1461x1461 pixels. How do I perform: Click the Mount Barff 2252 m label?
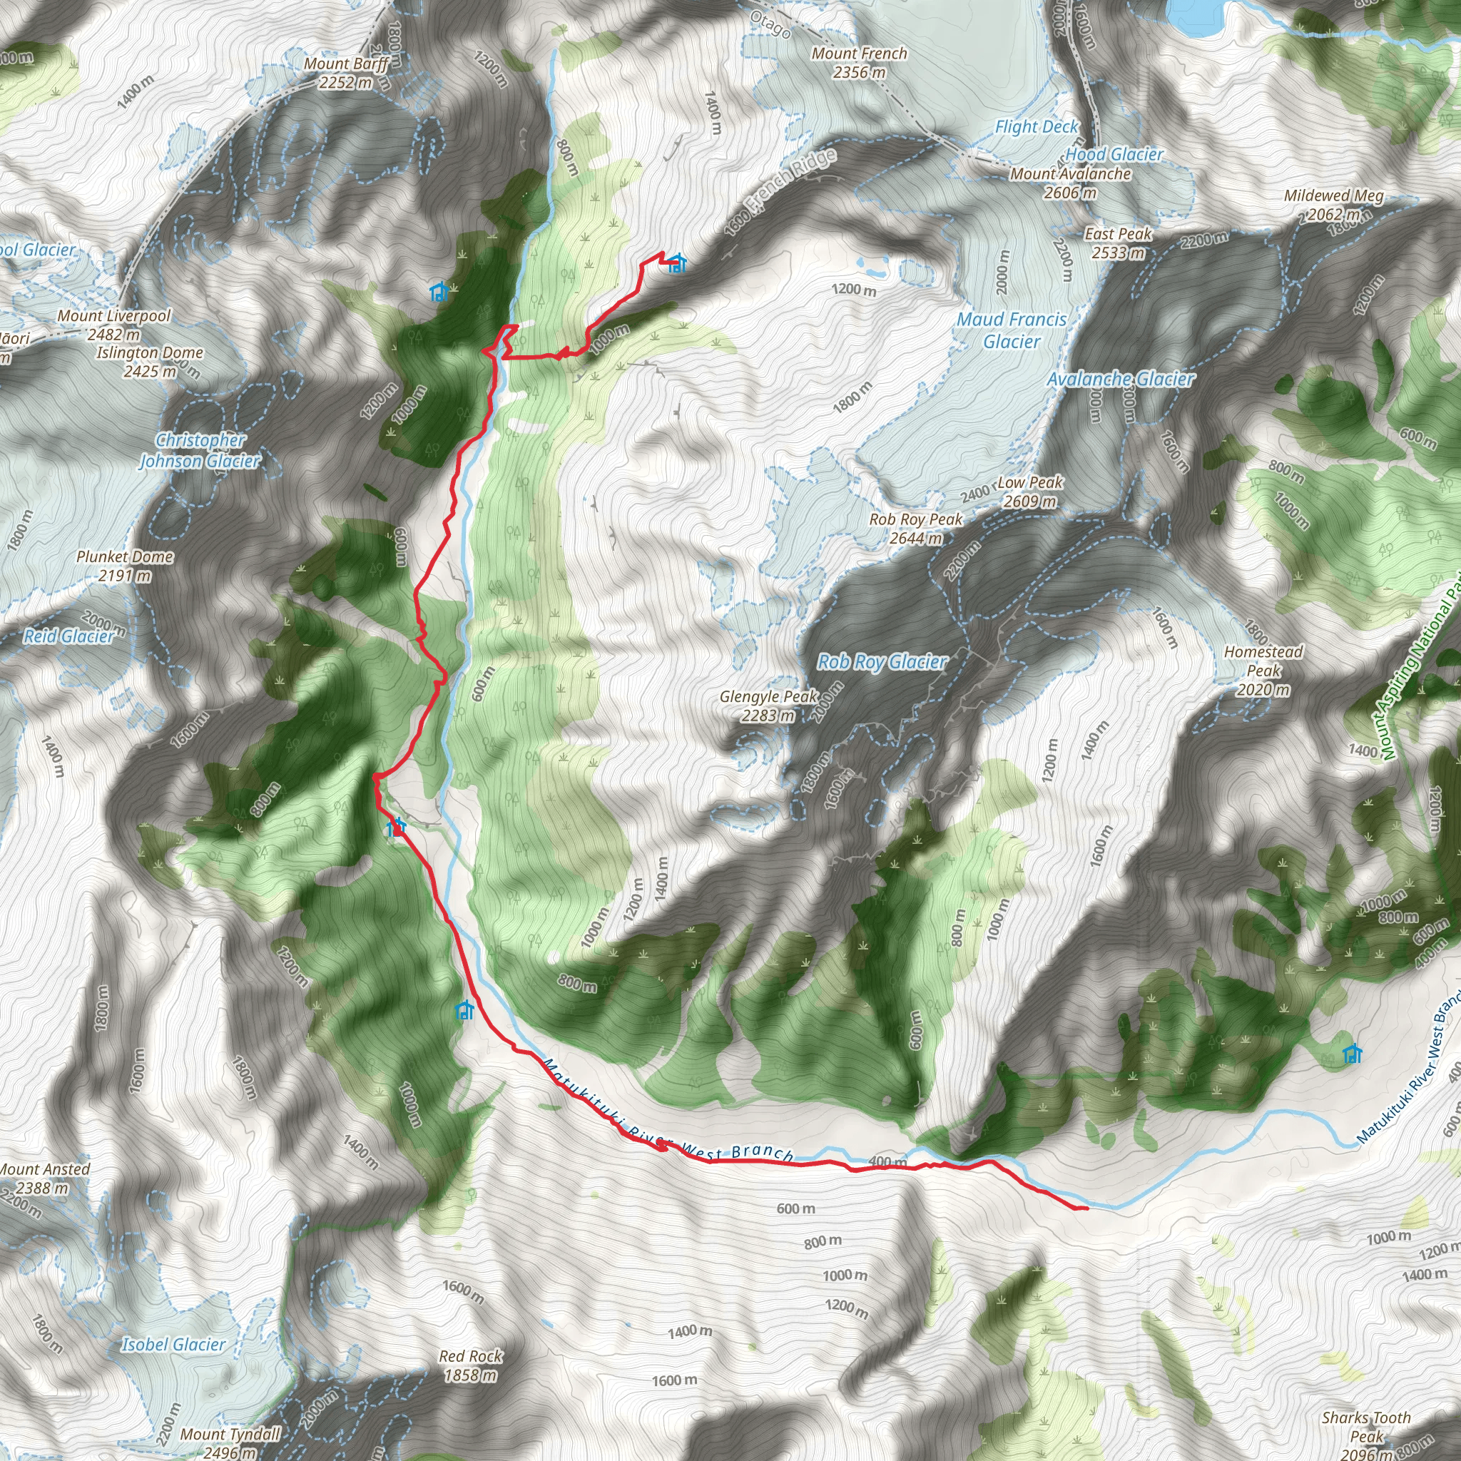pos(346,73)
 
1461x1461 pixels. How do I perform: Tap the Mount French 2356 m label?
pos(859,63)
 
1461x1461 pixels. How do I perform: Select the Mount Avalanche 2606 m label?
pos(1070,183)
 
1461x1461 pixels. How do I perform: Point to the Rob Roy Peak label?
pos(916,528)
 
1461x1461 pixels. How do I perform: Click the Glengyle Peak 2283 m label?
pos(768,706)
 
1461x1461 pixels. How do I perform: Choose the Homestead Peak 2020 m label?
pos(1263,670)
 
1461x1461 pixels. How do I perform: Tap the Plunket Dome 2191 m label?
pos(125,566)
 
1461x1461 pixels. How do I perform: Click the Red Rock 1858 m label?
pos(470,1365)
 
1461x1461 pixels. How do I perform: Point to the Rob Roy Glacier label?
pos(882,662)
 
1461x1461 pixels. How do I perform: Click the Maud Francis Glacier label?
pos(1012,330)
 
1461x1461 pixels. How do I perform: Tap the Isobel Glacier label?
pos(174,1344)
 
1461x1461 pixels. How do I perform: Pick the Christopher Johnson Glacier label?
pos(200,450)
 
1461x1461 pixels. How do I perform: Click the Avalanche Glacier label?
pos(1121,378)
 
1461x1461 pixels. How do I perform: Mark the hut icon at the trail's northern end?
pos(677,263)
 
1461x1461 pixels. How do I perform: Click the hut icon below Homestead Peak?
pos(1352,1054)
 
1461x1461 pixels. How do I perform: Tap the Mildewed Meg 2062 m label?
pos(1334,204)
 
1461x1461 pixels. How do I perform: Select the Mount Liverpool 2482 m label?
pos(114,325)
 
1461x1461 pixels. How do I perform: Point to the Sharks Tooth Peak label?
pos(1365,1427)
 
